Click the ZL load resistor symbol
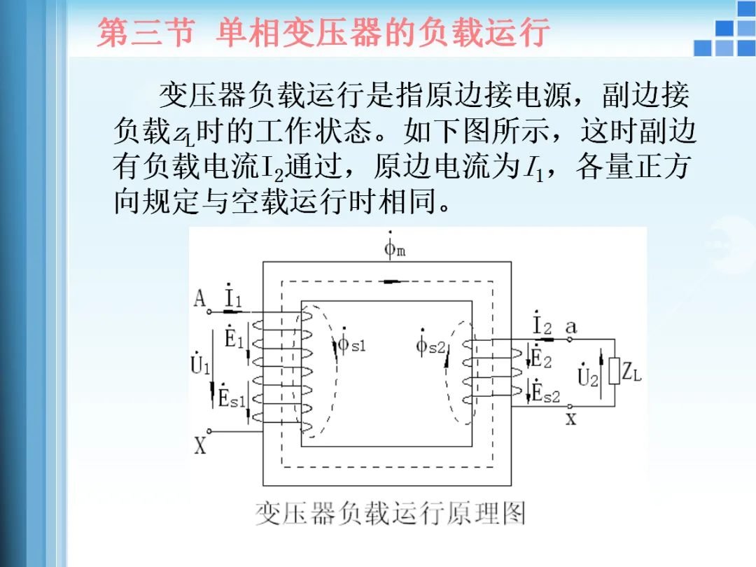point(614,371)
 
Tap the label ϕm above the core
point(392,247)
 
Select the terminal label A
point(200,300)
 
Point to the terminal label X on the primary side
point(200,444)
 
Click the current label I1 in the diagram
point(232,299)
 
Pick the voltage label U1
point(200,363)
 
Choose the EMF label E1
point(233,339)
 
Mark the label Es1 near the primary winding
point(232,398)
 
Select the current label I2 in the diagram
point(542,324)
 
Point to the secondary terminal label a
point(571,325)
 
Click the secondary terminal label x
point(571,419)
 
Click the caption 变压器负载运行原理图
point(389,514)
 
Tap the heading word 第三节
point(144,33)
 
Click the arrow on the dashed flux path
point(393,282)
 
